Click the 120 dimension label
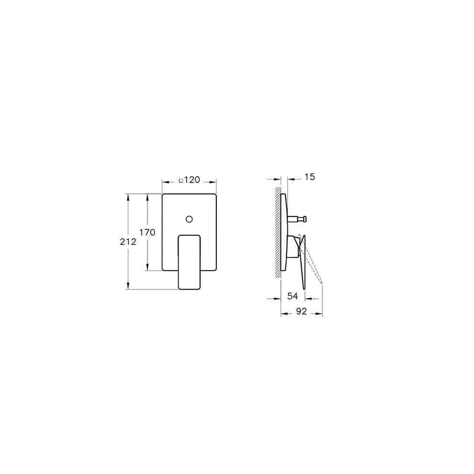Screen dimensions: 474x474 pos(192,180)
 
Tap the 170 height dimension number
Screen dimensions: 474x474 pos(147,232)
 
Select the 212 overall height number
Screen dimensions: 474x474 pos(128,241)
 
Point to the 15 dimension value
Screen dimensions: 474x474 pos(310,177)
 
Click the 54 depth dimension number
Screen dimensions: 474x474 pos(293,296)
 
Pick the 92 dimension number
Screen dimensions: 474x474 pos(301,311)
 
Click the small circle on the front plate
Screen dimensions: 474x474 pos(189,219)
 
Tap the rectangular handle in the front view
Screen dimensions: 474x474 pos(189,262)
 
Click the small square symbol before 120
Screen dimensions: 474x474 pos(181,181)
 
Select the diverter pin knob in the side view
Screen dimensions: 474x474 pos(305,219)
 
